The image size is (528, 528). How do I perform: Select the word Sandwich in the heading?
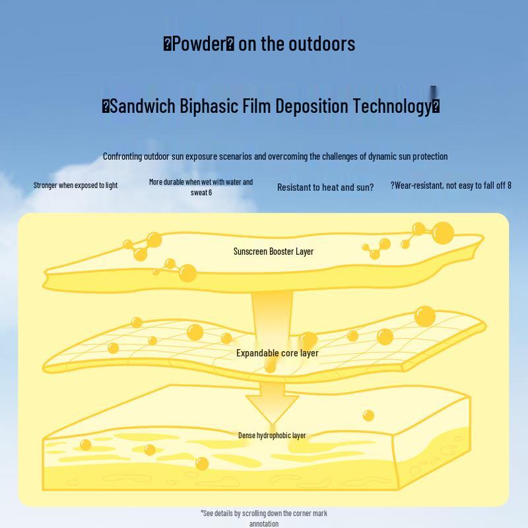[x=143, y=106]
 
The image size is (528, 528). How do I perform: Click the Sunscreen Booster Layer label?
[x=273, y=251]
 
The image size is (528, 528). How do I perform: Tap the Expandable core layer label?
[x=277, y=353]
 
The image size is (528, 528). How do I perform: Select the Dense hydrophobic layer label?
[x=272, y=436]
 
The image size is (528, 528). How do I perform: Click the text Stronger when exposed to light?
[x=75, y=185]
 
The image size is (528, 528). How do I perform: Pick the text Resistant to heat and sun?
[x=325, y=187]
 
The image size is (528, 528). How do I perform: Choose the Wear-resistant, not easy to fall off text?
[x=451, y=185]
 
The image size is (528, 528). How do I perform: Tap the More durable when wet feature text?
[x=201, y=187]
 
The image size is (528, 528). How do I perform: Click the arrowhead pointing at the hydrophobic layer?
[x=272, y=409]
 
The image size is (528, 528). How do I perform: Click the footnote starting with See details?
[x=264, y=518]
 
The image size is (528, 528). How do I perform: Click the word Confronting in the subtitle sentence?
[x=123, y=156]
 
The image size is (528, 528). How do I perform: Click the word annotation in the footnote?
[x=264, y=523]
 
